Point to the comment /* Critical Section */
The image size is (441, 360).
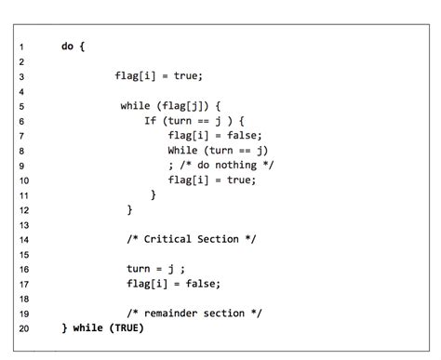192,239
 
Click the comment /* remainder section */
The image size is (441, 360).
194,313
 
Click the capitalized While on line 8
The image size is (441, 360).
182,150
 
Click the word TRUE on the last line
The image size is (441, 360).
127,328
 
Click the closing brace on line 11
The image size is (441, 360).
153,194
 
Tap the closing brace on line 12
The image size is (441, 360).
129,209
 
